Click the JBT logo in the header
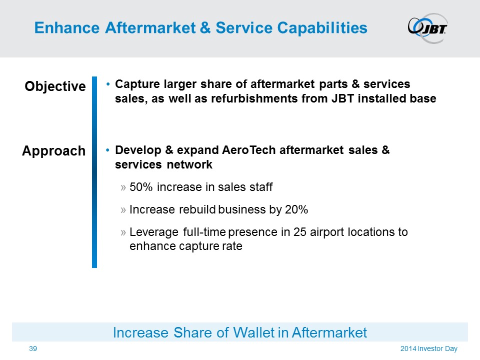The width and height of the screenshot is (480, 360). click(427, 28)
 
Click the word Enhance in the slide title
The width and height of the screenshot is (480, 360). click(67, 28)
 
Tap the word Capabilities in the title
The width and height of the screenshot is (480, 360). click(322, 28)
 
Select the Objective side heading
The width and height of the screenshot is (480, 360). click(55, 86)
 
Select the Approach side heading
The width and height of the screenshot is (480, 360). click(53, 151)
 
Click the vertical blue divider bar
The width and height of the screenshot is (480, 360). click(94, 172)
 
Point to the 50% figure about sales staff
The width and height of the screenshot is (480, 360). click(141, 186)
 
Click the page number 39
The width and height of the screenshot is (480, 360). click(33, 348)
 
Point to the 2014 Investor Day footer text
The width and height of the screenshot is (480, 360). click(429, 348)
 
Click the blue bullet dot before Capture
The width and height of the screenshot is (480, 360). click(108, 84)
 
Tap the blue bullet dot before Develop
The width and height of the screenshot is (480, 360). click(108, 150)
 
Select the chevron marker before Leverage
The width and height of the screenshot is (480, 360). click(123, 232)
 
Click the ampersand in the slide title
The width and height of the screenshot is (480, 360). click(205, 28)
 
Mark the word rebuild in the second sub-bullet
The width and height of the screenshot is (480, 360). click(197, 209)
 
